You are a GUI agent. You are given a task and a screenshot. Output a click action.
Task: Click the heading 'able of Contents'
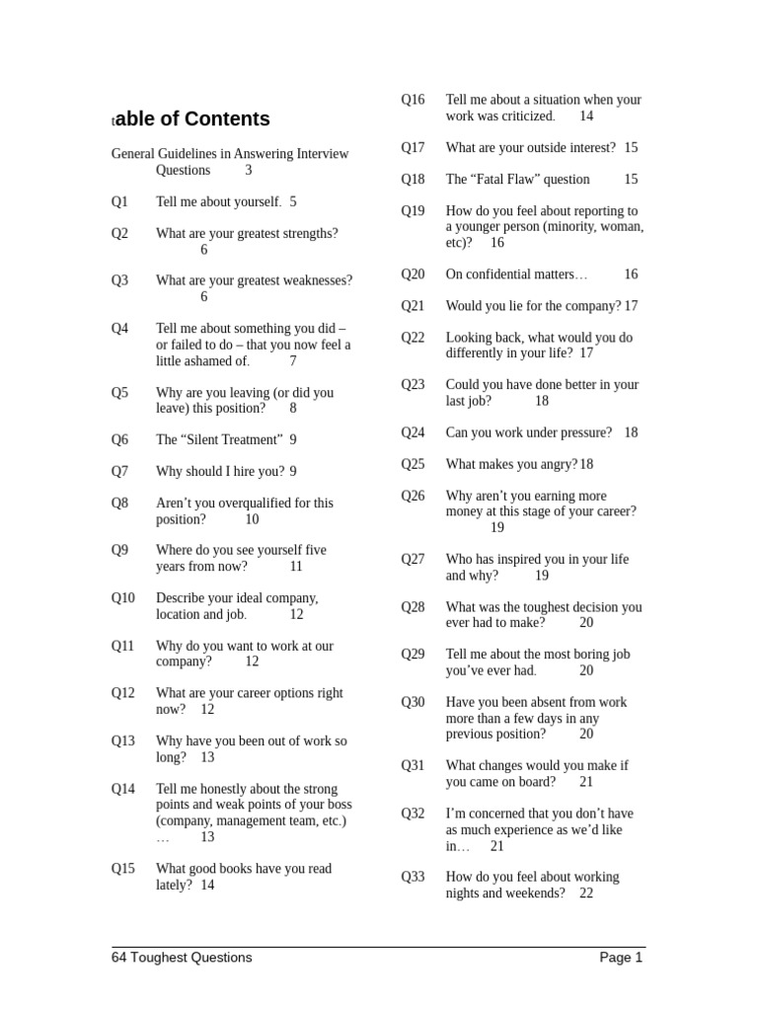[190, 119]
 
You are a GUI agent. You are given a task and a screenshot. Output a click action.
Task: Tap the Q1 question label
[119, 202]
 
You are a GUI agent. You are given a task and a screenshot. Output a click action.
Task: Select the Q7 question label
[119, 472]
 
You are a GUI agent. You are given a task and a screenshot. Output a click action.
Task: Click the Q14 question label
[123, 789]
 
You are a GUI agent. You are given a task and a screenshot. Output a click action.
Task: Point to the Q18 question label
[413, 180]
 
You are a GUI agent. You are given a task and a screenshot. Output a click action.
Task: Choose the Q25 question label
[413, 464]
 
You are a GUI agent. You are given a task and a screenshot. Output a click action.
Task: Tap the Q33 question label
[413, 877]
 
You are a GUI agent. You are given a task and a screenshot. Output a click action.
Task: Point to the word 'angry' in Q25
[557, 464]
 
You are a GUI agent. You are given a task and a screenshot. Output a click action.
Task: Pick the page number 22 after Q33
[586, 894]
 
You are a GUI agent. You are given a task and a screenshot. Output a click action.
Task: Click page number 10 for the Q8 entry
[252, 519]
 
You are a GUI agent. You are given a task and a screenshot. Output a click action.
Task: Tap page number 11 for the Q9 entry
[296, 567]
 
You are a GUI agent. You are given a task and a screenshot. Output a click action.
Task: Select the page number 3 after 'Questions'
[249, 170]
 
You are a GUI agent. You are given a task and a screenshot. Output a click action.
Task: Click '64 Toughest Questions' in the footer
[182, 958]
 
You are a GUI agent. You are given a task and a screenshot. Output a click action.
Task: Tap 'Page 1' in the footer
[621, 958]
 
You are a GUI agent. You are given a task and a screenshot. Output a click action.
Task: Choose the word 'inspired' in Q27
[527, 560]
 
